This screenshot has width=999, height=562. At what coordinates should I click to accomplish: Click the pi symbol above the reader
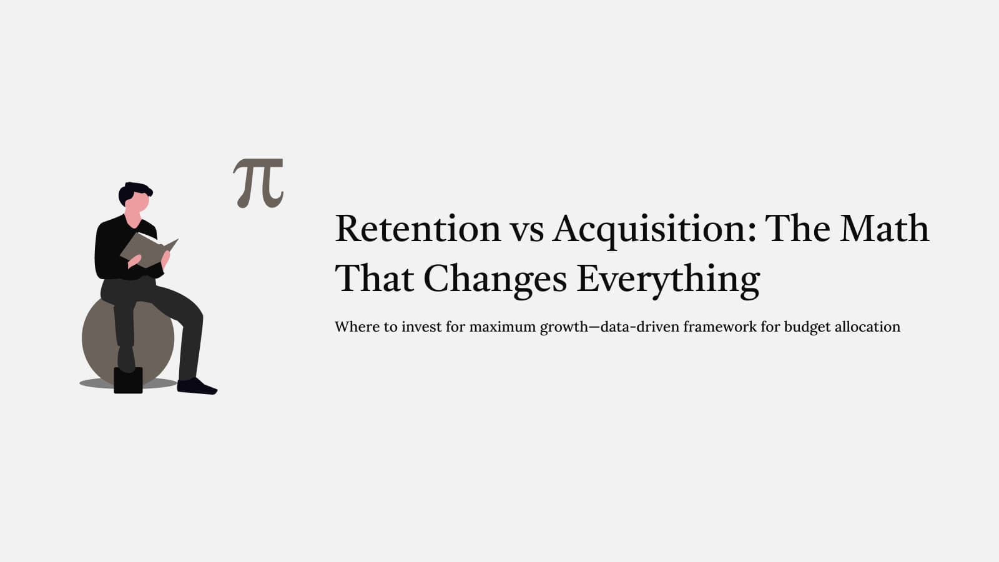pos(258,182)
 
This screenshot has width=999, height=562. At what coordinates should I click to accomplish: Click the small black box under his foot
pos(128,380)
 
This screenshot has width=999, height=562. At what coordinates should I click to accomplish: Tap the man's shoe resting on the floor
pos(196,387)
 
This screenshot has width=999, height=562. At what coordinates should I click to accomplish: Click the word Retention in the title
pos(417,229)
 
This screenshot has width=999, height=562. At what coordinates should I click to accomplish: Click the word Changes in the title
pos(495,279)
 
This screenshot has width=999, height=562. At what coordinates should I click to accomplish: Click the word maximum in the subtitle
pos(502,327)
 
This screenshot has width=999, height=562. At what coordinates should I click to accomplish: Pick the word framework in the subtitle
pos(719,327)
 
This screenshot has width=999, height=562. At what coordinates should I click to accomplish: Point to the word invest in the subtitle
pos(421,327)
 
